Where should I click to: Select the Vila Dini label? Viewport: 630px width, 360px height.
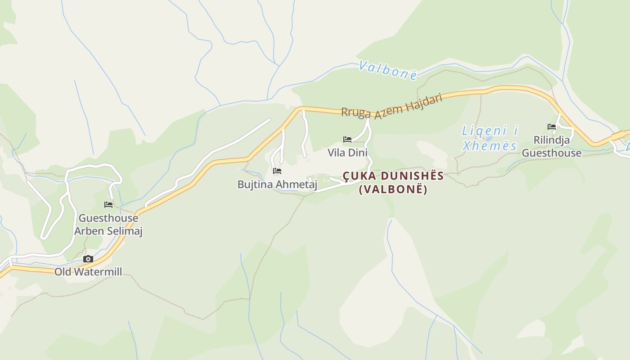tap(347, 153)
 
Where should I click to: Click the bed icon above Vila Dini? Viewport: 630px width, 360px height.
tap(347, 139)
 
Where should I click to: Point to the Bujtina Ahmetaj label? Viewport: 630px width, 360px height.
tap(277, 184)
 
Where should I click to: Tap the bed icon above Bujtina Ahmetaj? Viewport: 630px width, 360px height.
tap(277, 171)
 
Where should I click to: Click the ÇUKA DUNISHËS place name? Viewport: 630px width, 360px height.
tap(393, 176)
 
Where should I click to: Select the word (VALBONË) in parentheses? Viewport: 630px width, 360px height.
tap(393, 189)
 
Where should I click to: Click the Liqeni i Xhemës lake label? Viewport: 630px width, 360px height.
tap(490, 138)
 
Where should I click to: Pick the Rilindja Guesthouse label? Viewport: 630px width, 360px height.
tap(552, 147)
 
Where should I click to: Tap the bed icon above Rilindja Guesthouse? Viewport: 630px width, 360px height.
tap(552, 127)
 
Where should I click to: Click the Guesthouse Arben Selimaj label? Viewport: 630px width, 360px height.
tap(108, 225)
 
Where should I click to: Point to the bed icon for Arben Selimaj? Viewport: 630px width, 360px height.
tap(108, 205)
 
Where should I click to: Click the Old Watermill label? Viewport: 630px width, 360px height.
tap(88, 272)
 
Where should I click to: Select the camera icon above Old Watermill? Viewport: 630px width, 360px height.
tap(88, 259)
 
